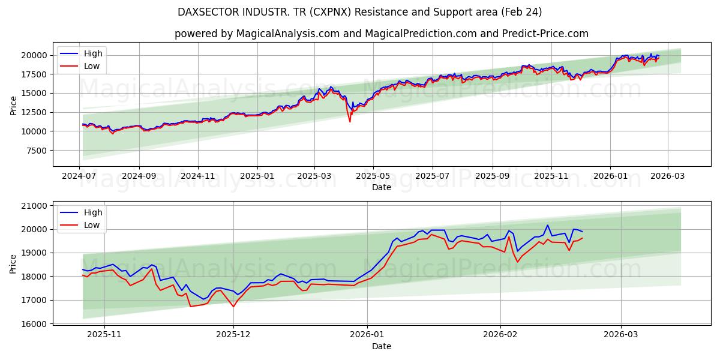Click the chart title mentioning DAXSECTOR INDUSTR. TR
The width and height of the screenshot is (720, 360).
pyautogui.click(x=360, y=12)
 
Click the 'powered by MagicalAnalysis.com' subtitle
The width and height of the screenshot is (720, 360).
pyautogui.click(x=381, y=34)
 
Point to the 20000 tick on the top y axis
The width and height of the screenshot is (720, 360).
pyautogui.click(x=35, y=55)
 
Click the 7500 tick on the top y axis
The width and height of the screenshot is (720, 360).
pyautogui.click(x=37, y=151)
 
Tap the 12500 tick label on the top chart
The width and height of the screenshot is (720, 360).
pyautogui.click(x=35, y=112)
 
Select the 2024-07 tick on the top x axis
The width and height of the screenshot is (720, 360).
pyautogui.click(x=80, y=176)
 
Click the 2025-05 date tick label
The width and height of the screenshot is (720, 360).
pyautogui.click(x=373, y=176)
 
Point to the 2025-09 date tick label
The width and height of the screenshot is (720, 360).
pyautogui.click(x=492, y=176)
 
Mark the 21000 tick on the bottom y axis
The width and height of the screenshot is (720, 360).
pyautogui.click(x=35, y=206)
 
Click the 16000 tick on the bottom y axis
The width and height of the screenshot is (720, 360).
pyautogui.click(x=35, y=324)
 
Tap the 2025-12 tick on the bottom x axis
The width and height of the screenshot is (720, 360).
pyautogui.click(x=233, y=335)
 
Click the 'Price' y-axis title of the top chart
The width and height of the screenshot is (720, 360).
pyautogui.click(x=13, y=105)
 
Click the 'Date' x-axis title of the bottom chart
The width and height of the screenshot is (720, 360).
pyautogui.click(x=381, y=346)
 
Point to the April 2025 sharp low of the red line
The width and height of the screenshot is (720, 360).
pyautogui.click(x=350, y=122)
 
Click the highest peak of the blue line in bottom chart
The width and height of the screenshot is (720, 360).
pyautogui.click(x=547, y=225)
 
